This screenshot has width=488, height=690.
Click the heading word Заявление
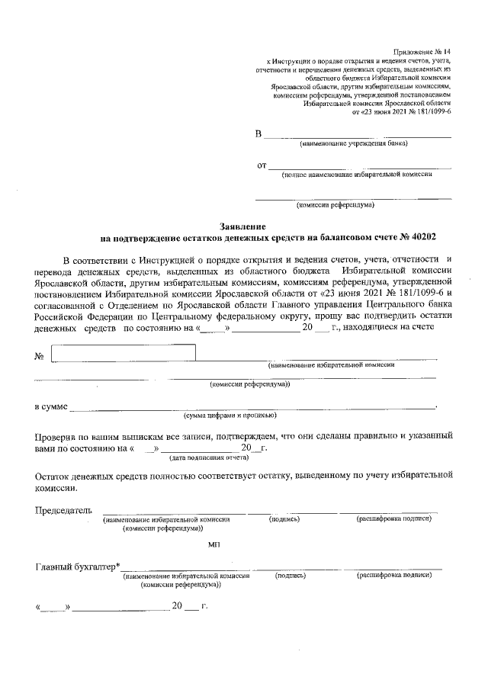(x=242, y=226)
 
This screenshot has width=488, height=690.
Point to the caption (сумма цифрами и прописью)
(x=229, y=416)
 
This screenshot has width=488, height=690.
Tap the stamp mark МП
(x=213, y=544)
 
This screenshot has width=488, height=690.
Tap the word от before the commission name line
(x=262, y=165)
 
